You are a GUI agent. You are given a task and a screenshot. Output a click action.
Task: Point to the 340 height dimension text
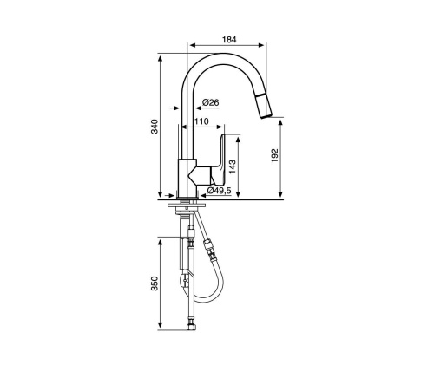tap(155, 126)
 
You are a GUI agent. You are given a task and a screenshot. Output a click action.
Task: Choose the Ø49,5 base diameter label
tap(218, 190)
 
